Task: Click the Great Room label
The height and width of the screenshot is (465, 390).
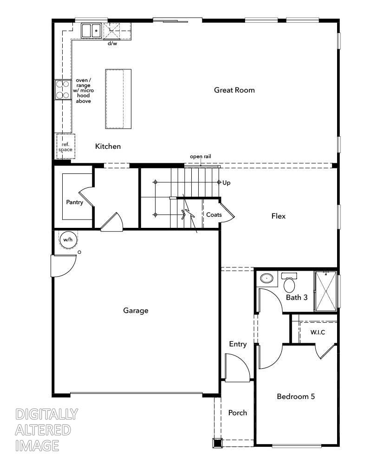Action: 234,90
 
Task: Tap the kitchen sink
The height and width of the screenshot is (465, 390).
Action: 92,31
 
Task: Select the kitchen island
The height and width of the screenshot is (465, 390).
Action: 118,99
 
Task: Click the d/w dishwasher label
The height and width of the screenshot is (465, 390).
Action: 113,44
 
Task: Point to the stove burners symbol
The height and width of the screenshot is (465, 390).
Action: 62,89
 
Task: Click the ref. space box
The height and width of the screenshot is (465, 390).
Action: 65,146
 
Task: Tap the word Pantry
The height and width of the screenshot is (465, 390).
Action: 74,202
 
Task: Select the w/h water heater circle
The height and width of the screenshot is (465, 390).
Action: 68,239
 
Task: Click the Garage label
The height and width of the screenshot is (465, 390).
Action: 136,310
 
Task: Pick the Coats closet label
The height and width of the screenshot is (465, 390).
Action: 214,215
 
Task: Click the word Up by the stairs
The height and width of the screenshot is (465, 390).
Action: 227,183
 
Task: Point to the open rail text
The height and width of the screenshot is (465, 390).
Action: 200,157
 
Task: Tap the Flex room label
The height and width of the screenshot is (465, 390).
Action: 278,216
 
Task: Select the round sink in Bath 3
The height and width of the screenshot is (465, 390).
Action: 266,279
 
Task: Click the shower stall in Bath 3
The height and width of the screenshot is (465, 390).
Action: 326,291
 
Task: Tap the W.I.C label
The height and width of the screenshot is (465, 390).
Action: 318,332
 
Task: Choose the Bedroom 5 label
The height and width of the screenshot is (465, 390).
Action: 296,397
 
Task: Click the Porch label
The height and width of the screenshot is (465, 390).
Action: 237,412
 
